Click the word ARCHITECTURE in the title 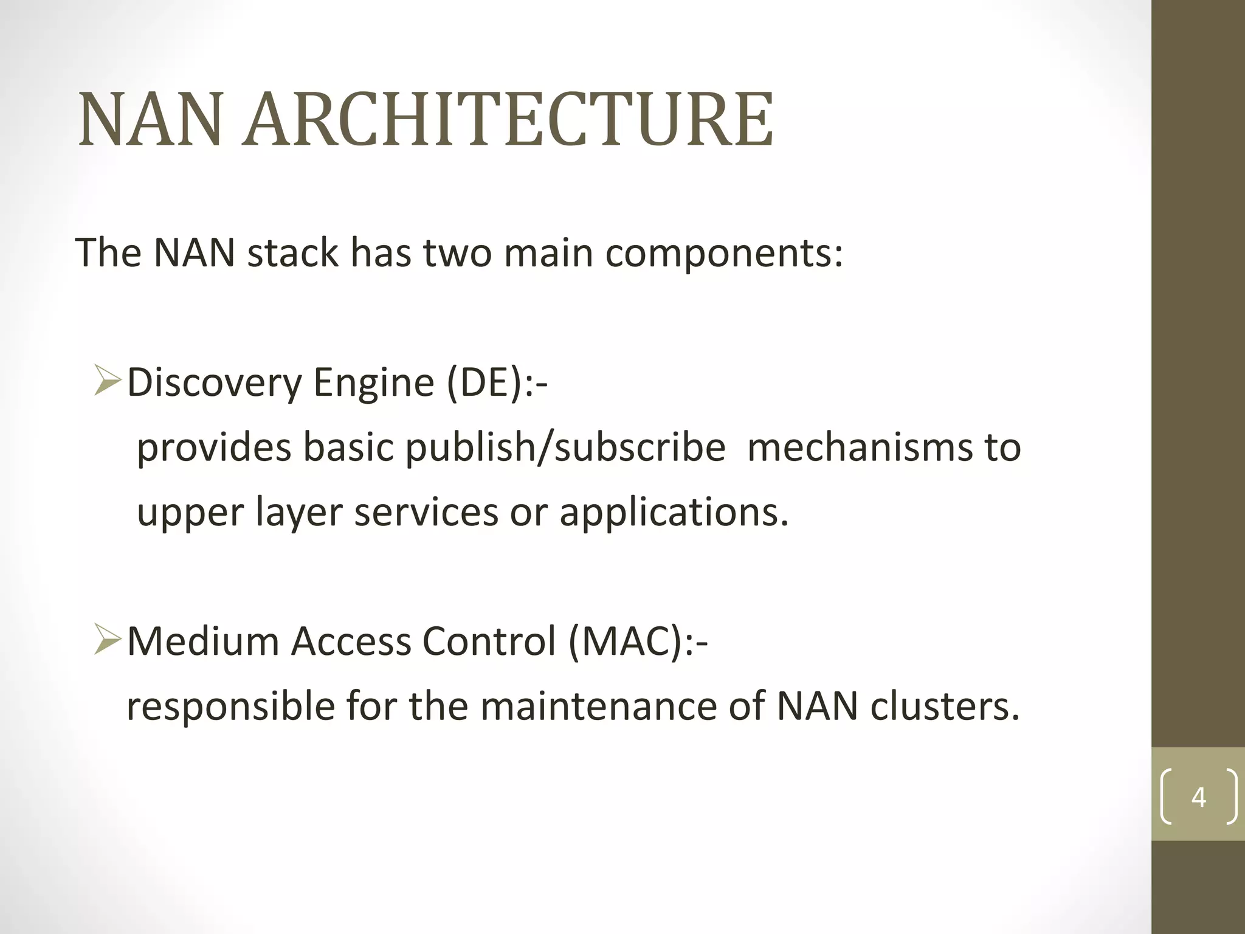[508, 120]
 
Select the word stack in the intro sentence [292, 252]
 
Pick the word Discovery [214, 384]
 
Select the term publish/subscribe [565, 448]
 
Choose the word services [427, 513]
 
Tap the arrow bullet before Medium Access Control [108, 642]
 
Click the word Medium [202, 642]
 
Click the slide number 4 [1198, 797]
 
